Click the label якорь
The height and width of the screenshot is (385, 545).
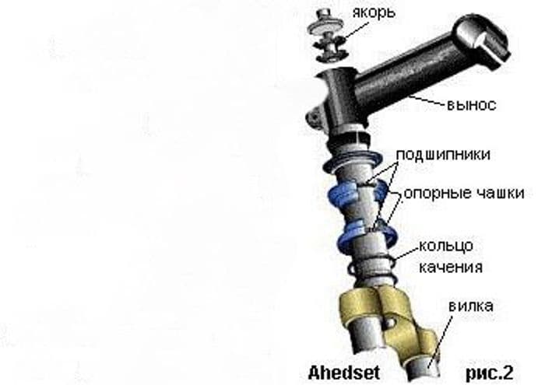pyautogui.click(x=374, y=13)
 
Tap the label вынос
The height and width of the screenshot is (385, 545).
pyautogui.click(x=471, y=105)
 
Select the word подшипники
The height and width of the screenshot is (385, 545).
pyautogui.click(x=444, y=155)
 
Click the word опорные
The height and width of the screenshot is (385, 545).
pyautogui.click(x=435, y=194)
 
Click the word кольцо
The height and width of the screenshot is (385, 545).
pyautogui.click(x=446, y=246)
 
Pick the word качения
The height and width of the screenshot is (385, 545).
pyautogui.click(x=451, y=268)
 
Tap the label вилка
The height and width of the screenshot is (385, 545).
pyautogui.click(x=471, y=306)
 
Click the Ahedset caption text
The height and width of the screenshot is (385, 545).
pyautogui.click(x=344, y=373)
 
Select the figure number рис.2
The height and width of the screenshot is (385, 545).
pyautogui.click(x=489, y=373)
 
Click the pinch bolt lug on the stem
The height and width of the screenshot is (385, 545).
pyautogui.click(x=315, y=117)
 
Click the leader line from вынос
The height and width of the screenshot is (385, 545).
pyautogui.click(x=427, y=100)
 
